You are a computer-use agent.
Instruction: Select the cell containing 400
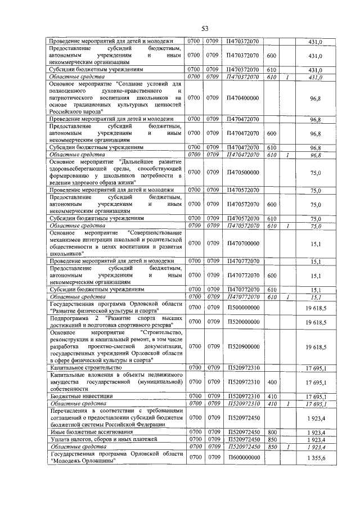(271, 382)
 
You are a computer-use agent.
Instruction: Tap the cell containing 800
(271, 431)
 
